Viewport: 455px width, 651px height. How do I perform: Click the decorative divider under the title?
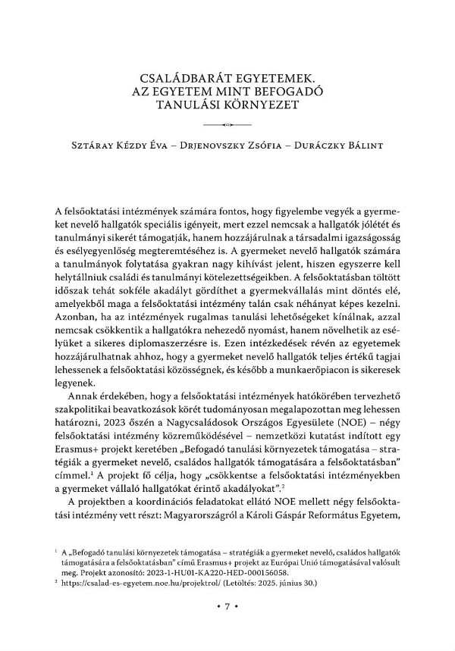(227, 123)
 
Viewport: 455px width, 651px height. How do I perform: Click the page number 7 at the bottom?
(227, 628)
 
